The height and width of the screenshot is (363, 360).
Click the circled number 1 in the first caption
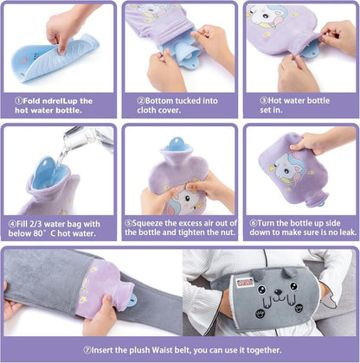tap(18, 101)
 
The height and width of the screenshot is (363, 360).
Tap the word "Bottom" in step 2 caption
tap(158, 101)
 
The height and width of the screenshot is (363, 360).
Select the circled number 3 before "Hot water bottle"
tap(264, 100)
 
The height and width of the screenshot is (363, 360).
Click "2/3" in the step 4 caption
tap(35, 224)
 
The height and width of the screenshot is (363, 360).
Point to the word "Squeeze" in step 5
tap(147, 223)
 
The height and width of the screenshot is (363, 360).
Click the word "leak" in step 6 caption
tap(347, 232)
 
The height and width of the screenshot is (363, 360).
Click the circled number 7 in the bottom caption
tap(87, 350)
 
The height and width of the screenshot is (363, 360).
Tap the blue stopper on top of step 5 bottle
tap(177, 143)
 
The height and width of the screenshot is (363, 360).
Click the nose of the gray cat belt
tap(279, 292)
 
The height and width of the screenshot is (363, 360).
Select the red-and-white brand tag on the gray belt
tap(245, 283)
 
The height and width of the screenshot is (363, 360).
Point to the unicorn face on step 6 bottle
tap(284, 168)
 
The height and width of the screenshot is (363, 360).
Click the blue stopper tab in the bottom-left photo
tap(132, 300)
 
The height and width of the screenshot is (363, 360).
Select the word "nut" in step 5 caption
tap(227, 232)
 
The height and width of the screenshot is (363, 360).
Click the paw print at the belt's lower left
tap(260, 314)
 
